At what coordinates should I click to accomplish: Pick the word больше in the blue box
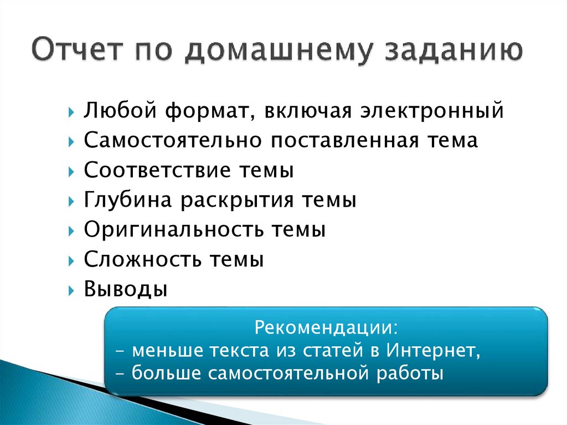tap(167, 373)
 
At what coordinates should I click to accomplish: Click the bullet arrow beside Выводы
tap(73, 290)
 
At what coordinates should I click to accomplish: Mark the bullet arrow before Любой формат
tap(73, 112)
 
